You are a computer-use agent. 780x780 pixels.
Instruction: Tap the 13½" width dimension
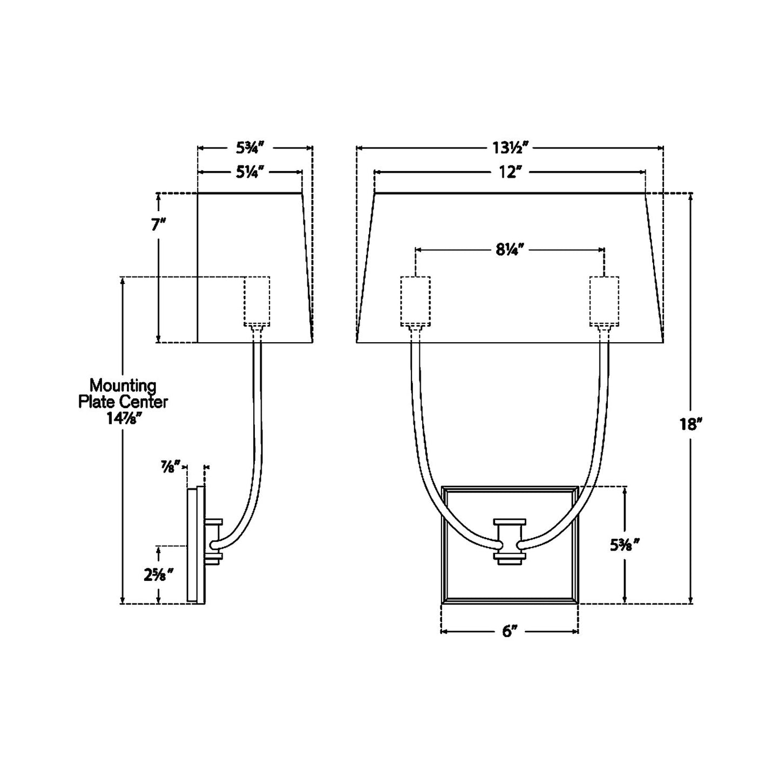tap(509, 147)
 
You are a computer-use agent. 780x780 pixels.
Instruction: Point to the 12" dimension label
tap(509, 172)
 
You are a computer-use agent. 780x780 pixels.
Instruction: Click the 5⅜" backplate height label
tap(625, 545)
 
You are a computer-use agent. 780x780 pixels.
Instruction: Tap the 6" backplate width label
tap(510, 631)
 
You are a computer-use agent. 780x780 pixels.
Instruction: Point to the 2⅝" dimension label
tap(158, 575)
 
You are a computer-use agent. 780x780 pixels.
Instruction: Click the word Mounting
tap(123, 386)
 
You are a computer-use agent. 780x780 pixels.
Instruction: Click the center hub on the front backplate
tap(510, 542)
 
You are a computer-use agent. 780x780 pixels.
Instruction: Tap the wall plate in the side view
tap(193, 545)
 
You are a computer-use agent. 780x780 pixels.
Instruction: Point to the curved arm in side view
tap(257, 432)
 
